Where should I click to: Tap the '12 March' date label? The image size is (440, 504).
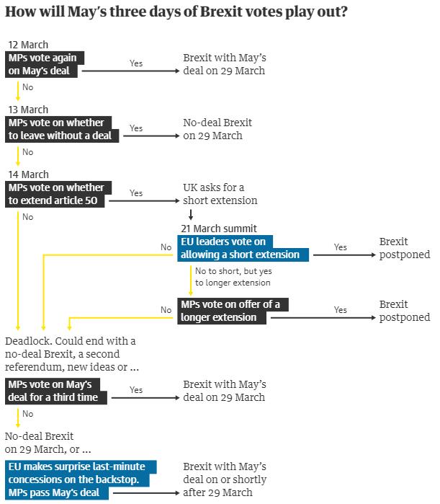pyautogui.click(x=28, y=45)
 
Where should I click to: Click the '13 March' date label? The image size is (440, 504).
pyautogui.click(x=28, y=110)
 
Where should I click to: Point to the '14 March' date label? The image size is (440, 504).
pyautogui.click(x=28, y=174)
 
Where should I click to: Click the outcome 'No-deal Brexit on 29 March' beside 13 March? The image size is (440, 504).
pyautogui.click(x=217, y=129)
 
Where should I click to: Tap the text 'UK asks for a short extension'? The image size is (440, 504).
pyautogui.click(x=220, y=194)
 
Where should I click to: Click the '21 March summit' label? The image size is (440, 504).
pyautogui.click(x=219, y=229)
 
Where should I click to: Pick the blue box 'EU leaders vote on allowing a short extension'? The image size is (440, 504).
pyautogui.click(x=244, y=247)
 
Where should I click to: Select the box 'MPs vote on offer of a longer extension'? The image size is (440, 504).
pyautogui.click(x=234, y=311)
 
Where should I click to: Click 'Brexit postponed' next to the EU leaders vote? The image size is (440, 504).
pyautogui.click(x=404, y=248)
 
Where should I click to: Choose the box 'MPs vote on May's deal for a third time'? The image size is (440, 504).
pyautogui.click(x=58, y=390)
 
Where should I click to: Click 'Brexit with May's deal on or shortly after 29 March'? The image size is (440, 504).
pyautogui.click(x=225, y=479)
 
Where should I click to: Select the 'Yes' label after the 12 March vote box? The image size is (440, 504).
pyautogui.click(x=136, y=63)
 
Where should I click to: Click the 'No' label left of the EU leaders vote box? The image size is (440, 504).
pyautogui.click(x=166, y=247)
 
